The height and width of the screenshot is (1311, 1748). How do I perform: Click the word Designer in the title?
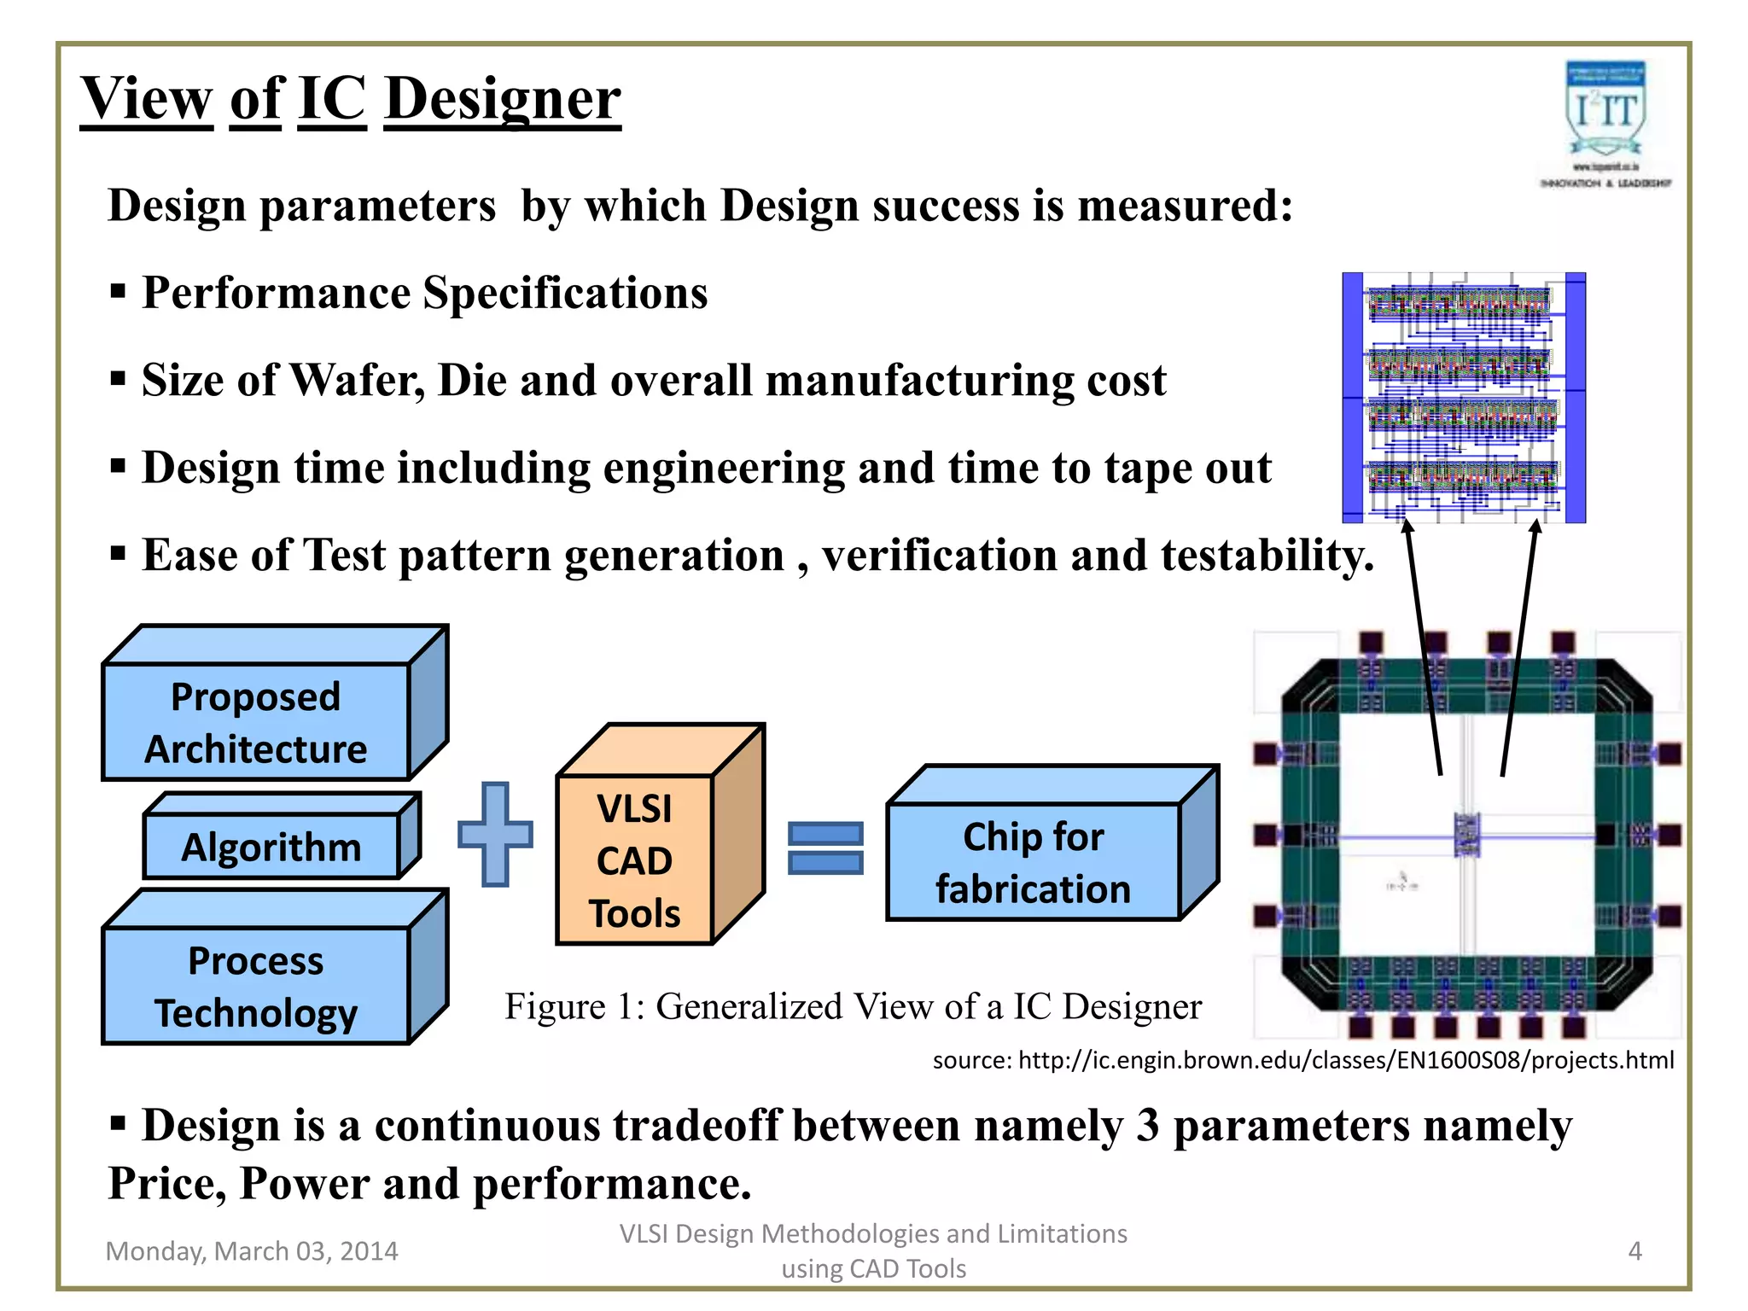tap(503, 99)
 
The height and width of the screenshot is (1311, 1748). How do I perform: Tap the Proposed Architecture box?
tap(256, 722)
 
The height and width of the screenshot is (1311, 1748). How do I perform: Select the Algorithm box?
tap(271, 847)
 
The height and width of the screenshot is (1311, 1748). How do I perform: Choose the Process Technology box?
tap(256, 986)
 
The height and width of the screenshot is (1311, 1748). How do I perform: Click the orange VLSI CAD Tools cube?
tap(635, 859)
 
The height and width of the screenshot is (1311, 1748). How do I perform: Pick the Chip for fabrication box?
tap(1034, 862)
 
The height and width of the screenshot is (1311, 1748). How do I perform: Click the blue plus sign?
tap(496, 834)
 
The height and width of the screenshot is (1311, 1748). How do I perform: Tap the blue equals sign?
tap(825, 848)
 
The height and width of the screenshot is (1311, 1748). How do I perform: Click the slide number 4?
tap(1634, 1251)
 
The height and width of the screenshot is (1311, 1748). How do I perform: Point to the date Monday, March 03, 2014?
tap(252, 1251)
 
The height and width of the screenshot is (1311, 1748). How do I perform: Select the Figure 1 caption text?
tap(853, 1006)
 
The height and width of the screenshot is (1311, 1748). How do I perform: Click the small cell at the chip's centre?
tap(1467, 834)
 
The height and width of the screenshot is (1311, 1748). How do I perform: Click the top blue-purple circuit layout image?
tap(1464, 397)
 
